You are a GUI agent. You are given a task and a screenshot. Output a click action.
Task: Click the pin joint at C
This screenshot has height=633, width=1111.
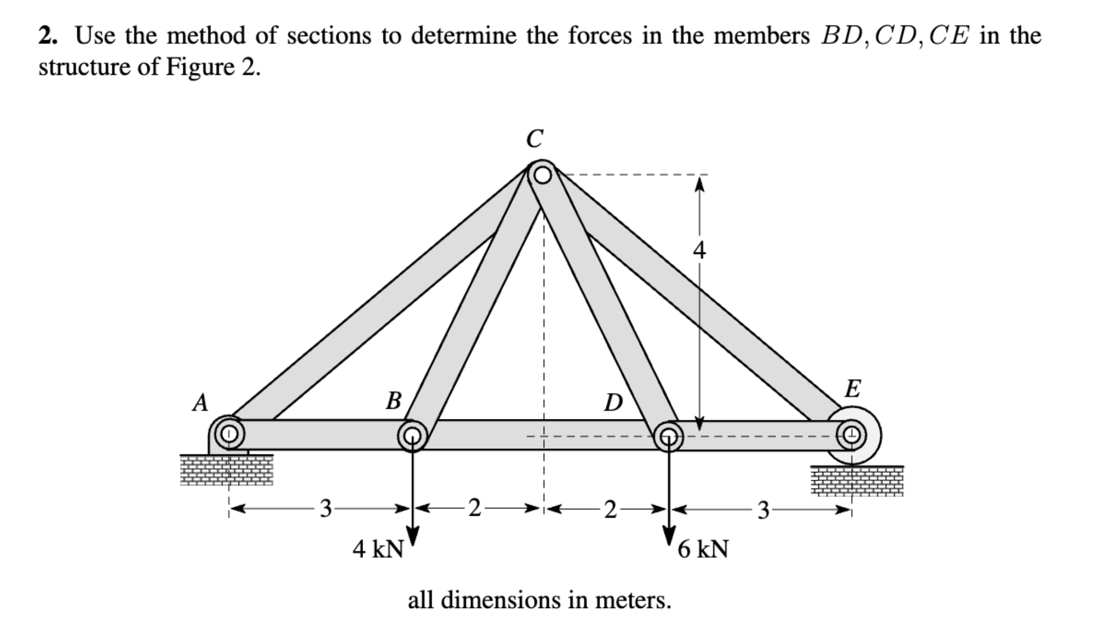[x=543, y=175]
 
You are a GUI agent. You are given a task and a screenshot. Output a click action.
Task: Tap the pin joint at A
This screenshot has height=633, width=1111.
[x=229, y=434]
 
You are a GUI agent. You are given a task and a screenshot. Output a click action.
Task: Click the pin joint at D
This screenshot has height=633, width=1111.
[x=668, y=436]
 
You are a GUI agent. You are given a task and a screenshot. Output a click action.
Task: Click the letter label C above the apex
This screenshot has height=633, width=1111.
[x=534, y=138]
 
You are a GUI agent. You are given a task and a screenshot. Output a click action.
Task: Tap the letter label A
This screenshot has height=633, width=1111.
[x=201, y=403]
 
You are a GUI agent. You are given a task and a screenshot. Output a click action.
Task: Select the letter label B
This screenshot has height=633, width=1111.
[x=393, y=401]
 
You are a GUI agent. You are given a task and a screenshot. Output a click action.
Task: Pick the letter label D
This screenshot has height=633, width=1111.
[x=613, y=403]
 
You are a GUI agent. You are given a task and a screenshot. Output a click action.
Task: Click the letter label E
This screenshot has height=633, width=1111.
[x=852, y=389]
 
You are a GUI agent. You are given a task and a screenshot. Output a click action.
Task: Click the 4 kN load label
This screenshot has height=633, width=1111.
[x=378, y=549]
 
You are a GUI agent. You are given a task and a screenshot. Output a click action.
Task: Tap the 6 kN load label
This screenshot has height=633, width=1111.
[x=703, y=549]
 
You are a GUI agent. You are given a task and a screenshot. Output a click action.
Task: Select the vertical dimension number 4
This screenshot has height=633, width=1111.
[x=700, y=251]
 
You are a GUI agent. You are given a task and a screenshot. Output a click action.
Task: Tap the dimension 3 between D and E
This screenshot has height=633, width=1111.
[x=763, y=509]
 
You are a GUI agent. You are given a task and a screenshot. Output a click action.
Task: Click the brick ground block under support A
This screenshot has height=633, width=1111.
[x=227, y=470]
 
